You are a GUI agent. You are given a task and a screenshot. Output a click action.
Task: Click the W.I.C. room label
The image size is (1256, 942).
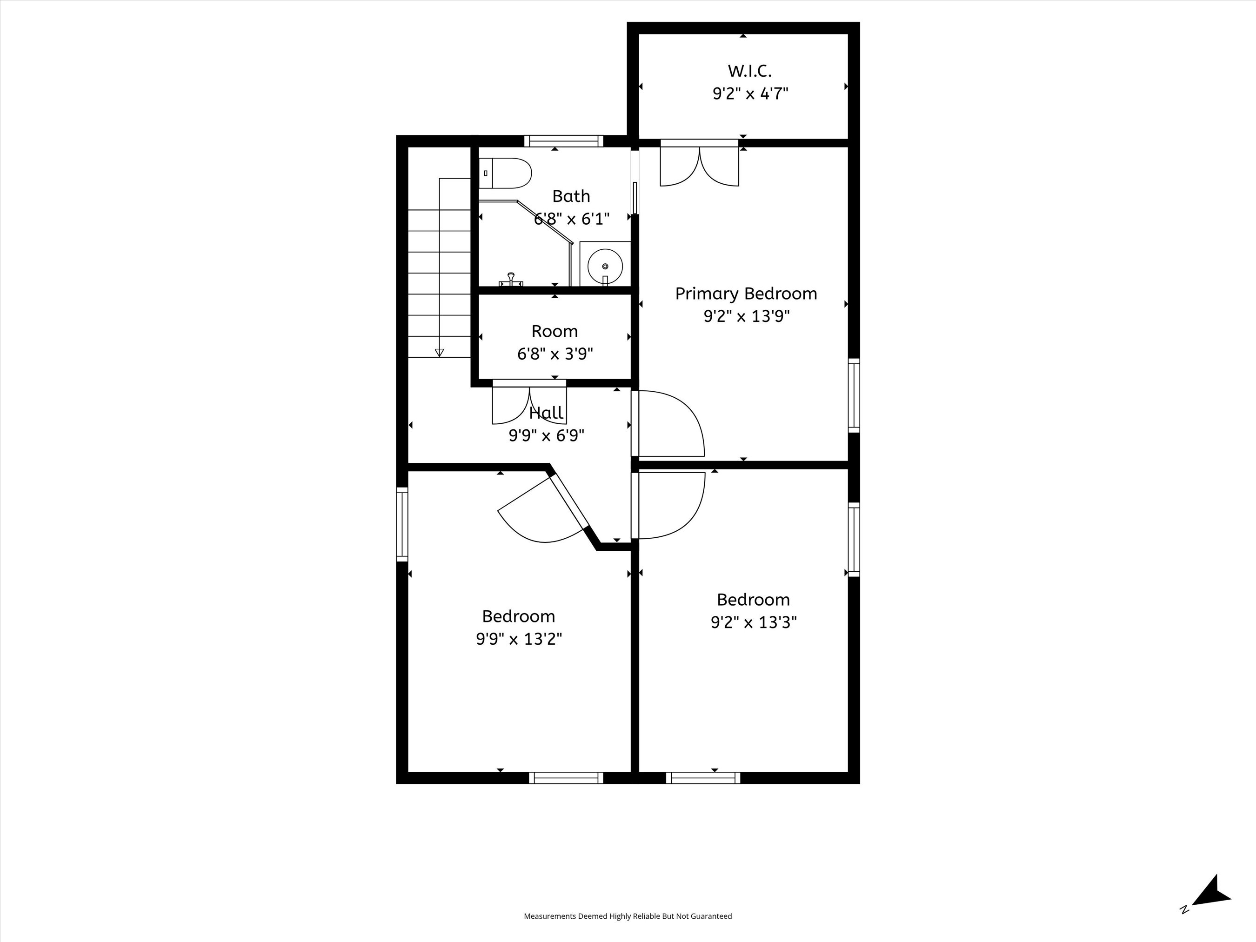coord(749,71)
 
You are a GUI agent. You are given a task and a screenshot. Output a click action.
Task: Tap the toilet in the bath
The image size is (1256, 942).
coord(505,173)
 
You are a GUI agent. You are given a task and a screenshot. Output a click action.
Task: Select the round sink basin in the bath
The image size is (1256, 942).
coord(605,266)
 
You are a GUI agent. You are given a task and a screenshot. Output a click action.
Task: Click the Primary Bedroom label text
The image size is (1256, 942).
coord(746,294)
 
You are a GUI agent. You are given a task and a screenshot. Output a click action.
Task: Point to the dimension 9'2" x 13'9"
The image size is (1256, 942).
coord(747,316)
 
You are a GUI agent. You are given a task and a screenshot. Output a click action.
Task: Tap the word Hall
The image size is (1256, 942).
coord(546,413)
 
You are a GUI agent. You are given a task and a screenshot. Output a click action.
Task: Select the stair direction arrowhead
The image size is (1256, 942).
coord(439,353)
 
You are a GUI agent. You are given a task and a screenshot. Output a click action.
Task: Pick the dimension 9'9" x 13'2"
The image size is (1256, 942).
coord(519,639)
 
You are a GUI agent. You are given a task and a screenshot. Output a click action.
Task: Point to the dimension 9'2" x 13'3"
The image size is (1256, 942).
coord(754,623)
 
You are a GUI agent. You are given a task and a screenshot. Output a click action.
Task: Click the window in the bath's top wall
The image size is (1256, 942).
coord(563,141)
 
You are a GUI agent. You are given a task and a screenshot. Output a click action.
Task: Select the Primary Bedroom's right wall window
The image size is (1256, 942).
coord(854,395)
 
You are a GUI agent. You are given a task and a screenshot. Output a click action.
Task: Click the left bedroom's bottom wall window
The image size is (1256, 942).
coord(566,778)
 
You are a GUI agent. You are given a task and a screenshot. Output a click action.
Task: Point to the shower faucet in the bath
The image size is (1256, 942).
coord(511,280)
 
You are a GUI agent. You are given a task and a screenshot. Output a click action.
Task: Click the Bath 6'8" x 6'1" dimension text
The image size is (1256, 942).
coord(572,219)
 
